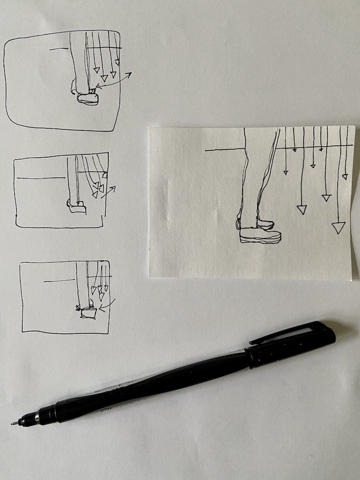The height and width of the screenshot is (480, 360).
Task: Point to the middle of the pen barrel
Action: (158, 384)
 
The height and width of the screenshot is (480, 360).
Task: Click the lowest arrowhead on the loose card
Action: (338, 228)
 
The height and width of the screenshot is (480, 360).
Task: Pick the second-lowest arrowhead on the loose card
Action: (302, 209)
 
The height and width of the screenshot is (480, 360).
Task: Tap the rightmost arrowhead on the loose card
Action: (345, 177)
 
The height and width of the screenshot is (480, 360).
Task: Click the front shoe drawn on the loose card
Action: (261, 235)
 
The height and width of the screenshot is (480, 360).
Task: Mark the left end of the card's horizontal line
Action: (206, 151)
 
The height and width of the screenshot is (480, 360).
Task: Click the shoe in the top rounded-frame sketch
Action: (88, 98)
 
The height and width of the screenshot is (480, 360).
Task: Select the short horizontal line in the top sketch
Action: (59, 48)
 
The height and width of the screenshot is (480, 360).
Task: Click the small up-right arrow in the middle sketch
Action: (110, 189)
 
